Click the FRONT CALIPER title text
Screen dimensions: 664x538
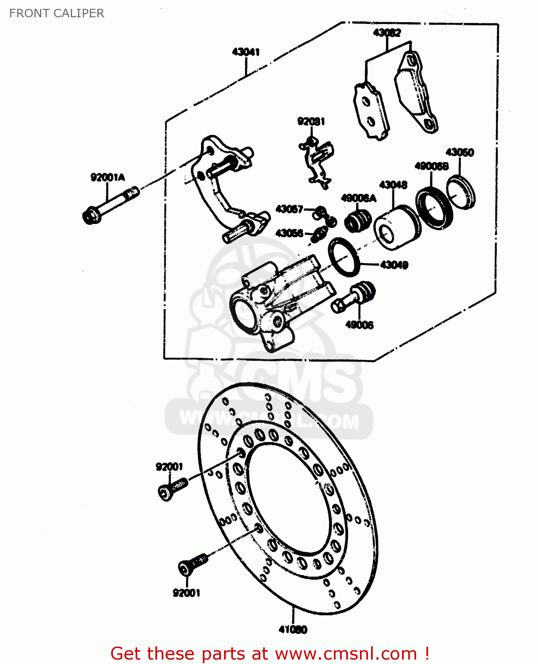point(57,13)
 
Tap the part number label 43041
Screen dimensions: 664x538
point(246,52)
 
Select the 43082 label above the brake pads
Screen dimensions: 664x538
point(387,32)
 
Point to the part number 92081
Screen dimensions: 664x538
point(311,121)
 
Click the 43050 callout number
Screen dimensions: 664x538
point(460,152)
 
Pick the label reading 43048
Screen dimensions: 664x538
point(393,185)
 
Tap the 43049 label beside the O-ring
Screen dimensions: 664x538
point(394,265)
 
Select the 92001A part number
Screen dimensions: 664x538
point(108,178)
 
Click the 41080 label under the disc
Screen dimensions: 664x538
point(293,629)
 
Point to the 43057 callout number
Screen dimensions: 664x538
point(289,209)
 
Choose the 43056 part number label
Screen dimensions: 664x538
point(289,233)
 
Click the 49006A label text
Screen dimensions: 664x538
point(358,198)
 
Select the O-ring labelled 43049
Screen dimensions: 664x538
point(344,256)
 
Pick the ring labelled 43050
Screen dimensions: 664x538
point(461,192)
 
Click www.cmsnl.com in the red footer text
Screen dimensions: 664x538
point(346,653)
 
